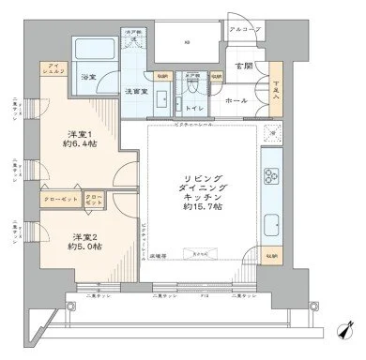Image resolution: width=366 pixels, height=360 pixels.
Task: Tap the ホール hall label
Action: tap(236, 99)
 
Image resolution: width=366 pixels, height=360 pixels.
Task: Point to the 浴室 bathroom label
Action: tap(89, 76)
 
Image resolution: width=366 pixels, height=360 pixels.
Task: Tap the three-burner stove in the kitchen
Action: tap(273, 176)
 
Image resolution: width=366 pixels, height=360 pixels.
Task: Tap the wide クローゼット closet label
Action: tap(60, 200)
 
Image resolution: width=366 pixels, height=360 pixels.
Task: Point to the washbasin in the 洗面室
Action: tap(160, 101)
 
